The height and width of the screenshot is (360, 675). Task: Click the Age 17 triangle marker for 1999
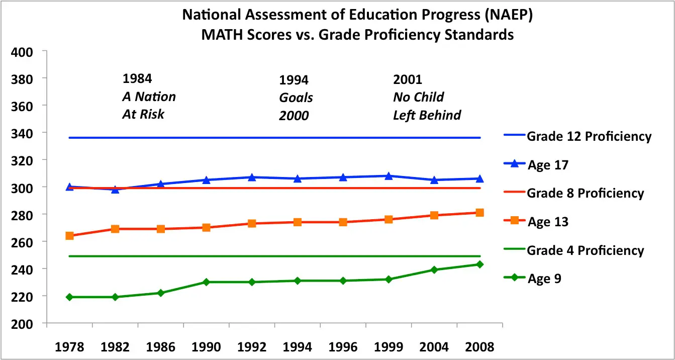(389, 176)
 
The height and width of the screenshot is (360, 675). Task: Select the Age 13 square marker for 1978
(69, 235)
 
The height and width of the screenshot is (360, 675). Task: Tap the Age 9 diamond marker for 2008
(479, 264)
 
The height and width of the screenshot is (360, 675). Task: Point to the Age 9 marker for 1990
(206, 282)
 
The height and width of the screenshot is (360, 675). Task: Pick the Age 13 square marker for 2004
(434, 215)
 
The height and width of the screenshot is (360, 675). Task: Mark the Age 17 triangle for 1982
(115, 190)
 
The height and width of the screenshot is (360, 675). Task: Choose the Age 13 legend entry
(548, 222)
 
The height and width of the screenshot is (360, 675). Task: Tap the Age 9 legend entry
(544, 279)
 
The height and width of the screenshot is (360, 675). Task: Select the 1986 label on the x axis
(160, 347)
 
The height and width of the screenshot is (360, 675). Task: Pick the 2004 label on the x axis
(434, 347)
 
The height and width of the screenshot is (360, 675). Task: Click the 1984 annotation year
(137, 79)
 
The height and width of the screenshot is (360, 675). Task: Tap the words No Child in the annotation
(418, 97)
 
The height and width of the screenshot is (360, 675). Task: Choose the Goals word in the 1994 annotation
(296, 98)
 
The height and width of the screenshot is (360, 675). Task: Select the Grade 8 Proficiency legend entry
(585, 194)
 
